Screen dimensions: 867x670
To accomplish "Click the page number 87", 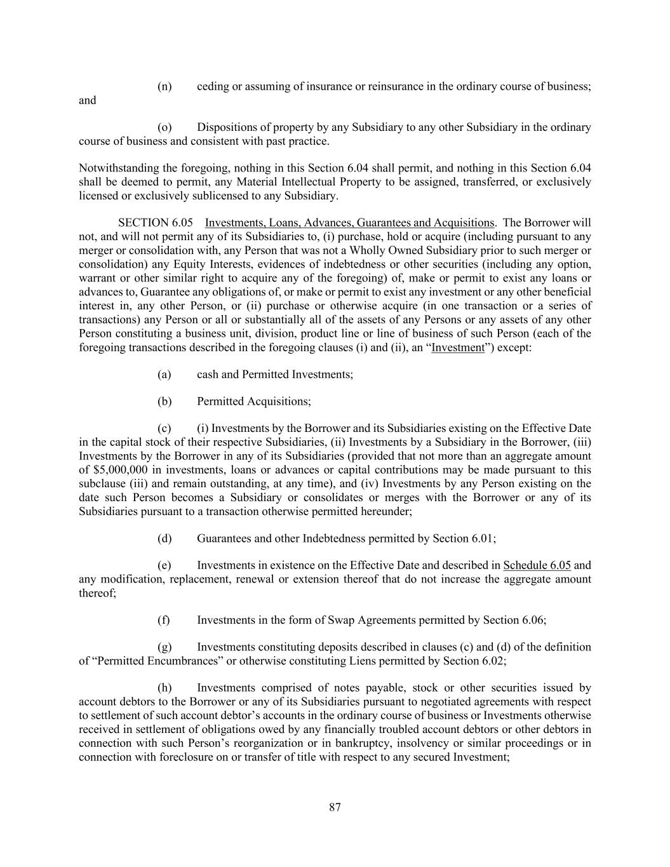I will pos(335,807).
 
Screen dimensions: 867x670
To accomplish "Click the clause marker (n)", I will pos(164,86).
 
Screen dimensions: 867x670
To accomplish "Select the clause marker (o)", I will pos(164,128).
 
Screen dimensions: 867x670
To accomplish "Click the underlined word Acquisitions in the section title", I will pos(463,223).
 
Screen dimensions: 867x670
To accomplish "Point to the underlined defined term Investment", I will pos(458,347).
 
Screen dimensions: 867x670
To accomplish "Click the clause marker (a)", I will pos(164,375).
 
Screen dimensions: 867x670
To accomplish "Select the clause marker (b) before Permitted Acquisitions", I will pos(164,401).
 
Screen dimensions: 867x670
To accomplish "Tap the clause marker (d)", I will pos(164,539).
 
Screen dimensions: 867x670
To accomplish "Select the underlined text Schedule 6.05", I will pos(537,565).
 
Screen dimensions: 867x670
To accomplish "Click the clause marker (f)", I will pos(164,620).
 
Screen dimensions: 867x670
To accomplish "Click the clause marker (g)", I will pos(164,647).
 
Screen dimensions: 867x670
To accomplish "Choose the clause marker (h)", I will pos(164,688).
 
